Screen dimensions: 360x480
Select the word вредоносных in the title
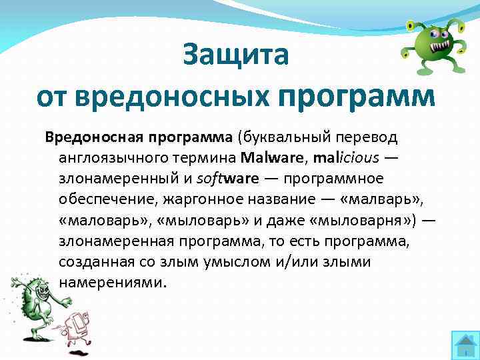coord(173,97)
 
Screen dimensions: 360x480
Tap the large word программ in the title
coord(356,97)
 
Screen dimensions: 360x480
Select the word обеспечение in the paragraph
coord(101,199)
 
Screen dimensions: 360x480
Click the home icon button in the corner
coord(464,344)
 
